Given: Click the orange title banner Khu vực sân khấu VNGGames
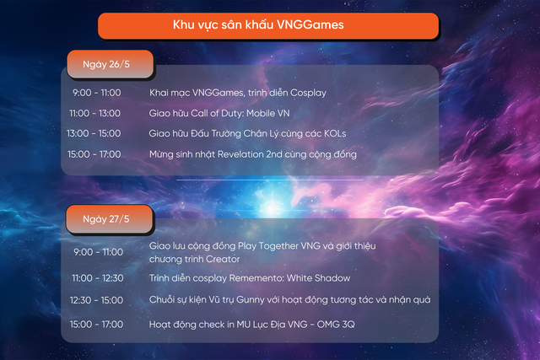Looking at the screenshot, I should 269,25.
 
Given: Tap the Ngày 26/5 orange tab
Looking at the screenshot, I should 105,64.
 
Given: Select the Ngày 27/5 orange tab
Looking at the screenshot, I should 105,218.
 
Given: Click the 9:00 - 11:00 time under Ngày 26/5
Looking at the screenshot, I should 97,92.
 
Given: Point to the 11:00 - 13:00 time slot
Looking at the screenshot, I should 95,112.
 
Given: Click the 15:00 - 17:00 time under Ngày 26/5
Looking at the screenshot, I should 95,154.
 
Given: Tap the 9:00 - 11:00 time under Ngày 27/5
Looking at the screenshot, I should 97,252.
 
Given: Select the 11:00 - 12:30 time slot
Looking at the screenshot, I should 95,278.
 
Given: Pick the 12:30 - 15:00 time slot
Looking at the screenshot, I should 95,300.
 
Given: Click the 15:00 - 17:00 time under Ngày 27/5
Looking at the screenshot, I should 95,325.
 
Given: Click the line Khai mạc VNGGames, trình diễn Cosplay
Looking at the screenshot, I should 237,92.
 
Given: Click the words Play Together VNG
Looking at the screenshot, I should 256,245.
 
